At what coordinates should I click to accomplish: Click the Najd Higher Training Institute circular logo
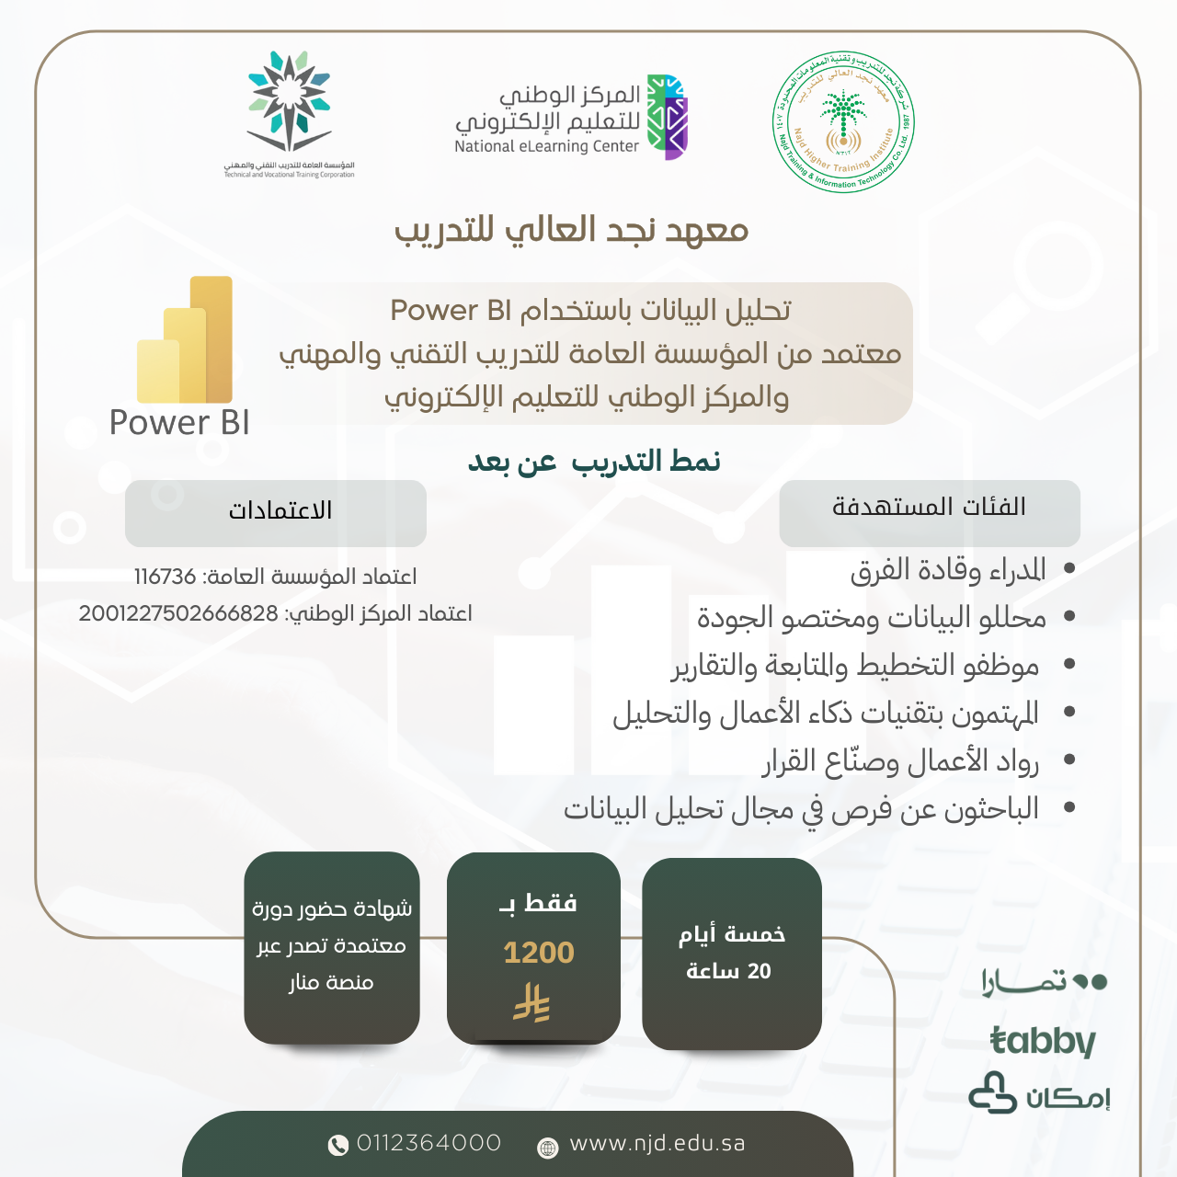click(x=843, y=122)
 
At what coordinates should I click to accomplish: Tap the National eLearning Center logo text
click(x=547, y=146)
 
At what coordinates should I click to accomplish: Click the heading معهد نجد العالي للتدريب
click(x=571, y=230)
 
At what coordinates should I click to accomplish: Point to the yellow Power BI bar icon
click(x=186, y=340)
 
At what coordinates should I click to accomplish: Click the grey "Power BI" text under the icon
click(x=179, y=423)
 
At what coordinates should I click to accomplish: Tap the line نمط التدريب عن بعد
click(x=594, y=461)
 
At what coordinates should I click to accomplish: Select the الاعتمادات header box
click(x=276, y=512)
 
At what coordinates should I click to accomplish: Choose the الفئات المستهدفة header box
click(x=929, y=511)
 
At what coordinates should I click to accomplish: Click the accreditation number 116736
click(x=165, y=577)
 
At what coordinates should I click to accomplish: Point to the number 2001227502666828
click(x=178, y=613)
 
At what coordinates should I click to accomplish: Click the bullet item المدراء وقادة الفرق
click(x=947, y=570)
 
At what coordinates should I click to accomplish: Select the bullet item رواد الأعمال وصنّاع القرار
click(x=900, y=761)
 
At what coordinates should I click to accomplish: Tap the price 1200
click(x=538, y=953)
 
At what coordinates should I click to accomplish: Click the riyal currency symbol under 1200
click(x=531, y=1003)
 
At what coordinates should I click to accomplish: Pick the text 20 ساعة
click(x=728, y=971)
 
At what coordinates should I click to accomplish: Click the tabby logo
click(x=1043, y=1041)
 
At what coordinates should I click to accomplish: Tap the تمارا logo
click(x=1043, y=982)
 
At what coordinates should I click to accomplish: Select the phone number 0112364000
click(x=429, y=1143)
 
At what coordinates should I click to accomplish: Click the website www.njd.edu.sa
click(x=657, y=1143)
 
